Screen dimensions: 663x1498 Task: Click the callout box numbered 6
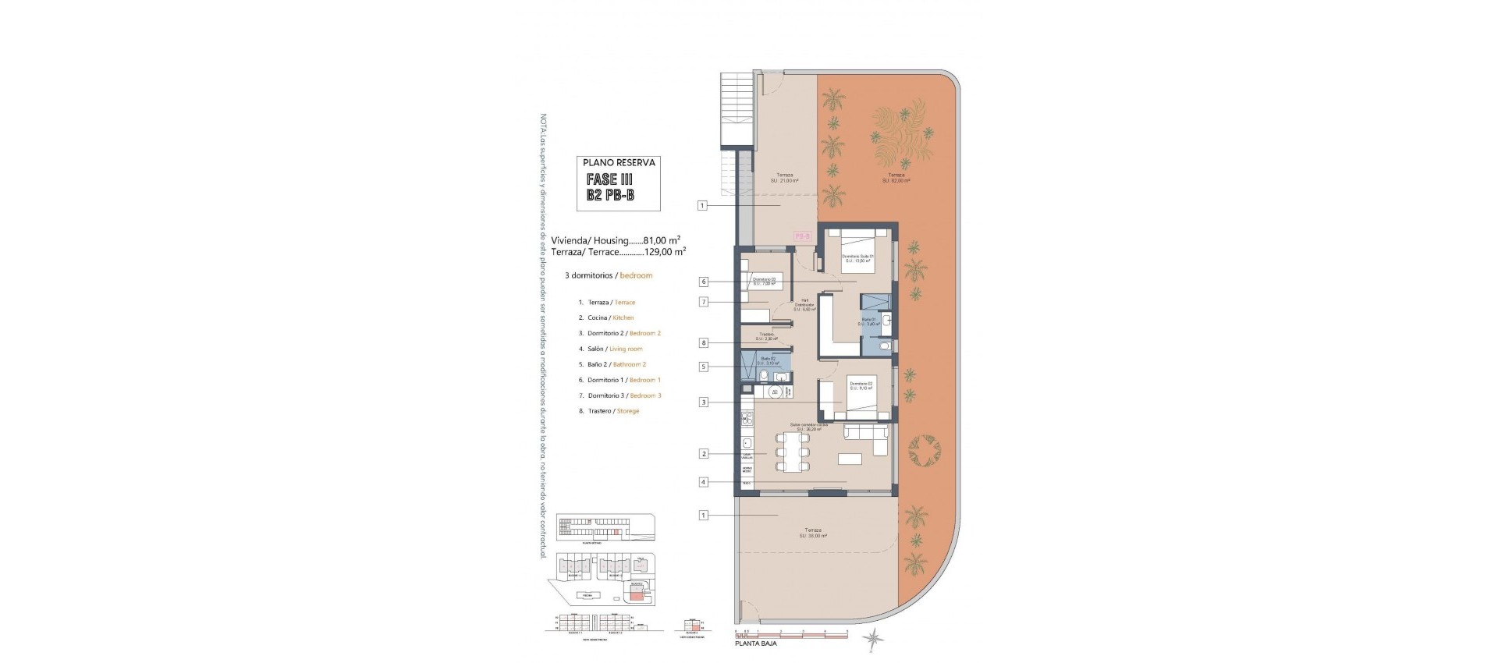[x=703, y=282]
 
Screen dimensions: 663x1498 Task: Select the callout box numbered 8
[x=703, y=342]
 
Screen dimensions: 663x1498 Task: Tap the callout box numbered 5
[x=703, y=366]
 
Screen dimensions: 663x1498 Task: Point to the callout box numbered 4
[x=703, y=482]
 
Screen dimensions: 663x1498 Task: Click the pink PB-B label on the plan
[x=802, y=235]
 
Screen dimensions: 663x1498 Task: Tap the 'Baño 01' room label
[x=869, y=321]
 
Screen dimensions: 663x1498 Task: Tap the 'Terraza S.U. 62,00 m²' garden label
[x=896, y=177]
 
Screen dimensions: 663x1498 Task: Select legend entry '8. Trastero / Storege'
[x=609, y=411]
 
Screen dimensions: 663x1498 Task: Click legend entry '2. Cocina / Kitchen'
[x=605, y=317]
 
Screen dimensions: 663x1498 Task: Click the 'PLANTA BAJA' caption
[x=755, y=643]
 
